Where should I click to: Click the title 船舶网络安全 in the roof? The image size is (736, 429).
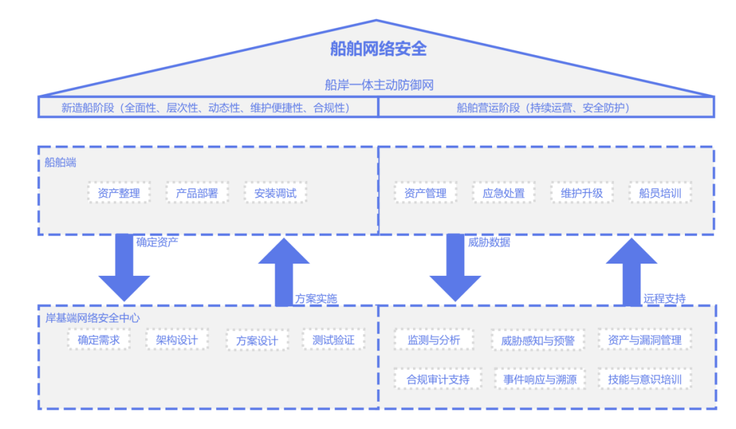point(378,49)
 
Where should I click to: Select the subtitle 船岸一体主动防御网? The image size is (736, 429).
point(379,86)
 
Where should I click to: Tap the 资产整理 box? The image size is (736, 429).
point(119,193)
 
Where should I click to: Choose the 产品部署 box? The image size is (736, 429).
point(197,193)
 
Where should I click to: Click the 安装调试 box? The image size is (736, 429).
point(275,193)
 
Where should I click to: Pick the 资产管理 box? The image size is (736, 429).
point(425,193)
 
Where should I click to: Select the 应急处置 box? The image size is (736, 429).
point(504,193)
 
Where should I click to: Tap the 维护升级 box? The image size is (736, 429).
point(582,193)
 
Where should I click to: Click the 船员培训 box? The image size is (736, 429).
point(660,193)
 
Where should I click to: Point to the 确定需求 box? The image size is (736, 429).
point(98,339)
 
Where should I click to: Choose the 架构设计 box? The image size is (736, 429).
point(177,339)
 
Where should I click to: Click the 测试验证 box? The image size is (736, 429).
point(333,339)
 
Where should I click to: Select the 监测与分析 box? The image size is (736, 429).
point(434,340)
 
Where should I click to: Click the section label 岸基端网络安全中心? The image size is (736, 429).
point(92,318)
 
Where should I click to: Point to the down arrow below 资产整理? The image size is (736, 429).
point(124,269)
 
